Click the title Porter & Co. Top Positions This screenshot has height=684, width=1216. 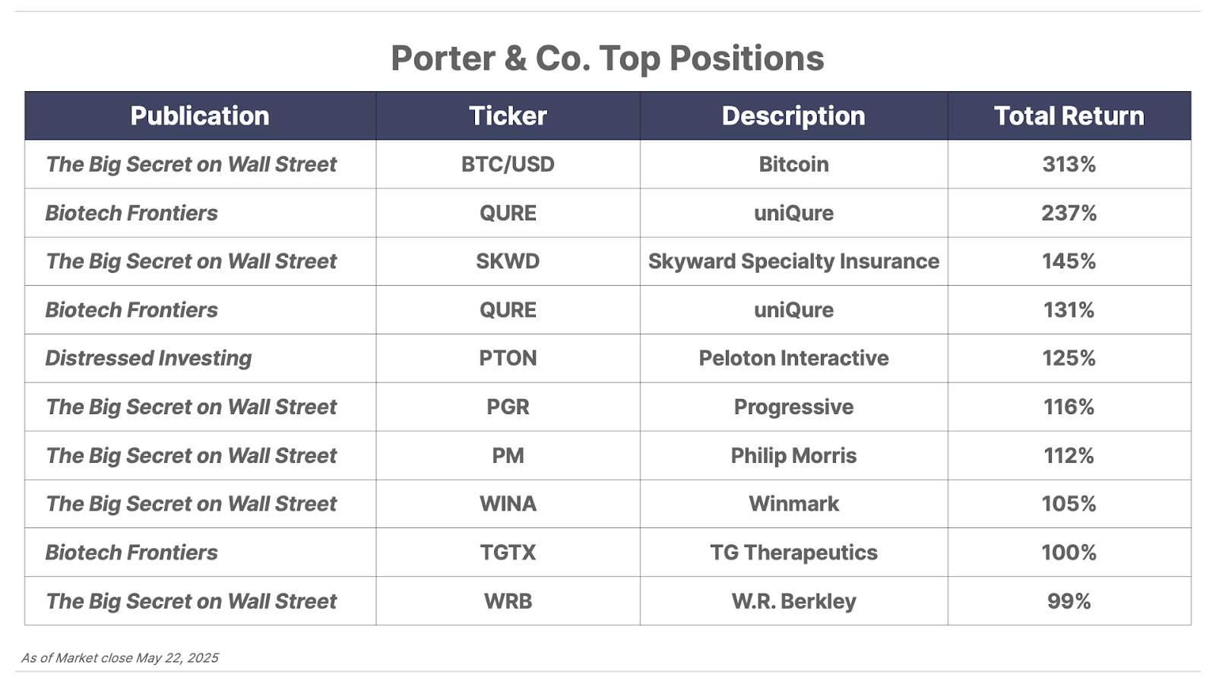[607, 58]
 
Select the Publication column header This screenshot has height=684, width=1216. [200, 116]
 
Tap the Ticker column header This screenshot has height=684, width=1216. [508, 116]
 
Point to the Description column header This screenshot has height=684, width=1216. [793, 116]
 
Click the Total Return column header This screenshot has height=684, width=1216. [1069, 116]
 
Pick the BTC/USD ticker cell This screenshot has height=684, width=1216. [508, 164]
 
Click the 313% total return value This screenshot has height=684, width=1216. [1069, 164]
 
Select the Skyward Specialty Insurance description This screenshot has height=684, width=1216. [793, 261]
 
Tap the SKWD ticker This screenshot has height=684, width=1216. [508, 261]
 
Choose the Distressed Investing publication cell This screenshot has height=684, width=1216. [148, 358]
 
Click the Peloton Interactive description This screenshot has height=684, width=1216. [793, 358]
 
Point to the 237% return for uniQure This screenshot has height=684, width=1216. [1069, 213]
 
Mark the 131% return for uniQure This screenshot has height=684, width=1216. [1069, 309]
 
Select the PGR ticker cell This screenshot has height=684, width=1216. [508, 407]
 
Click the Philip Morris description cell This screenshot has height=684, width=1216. [793, 455]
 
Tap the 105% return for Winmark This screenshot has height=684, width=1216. [1069, 504]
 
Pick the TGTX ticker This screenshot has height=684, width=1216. [508, 552]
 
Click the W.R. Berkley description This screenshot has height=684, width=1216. [793, 601]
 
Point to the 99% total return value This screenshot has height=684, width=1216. [1069, 601]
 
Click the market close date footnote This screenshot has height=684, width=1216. [120, 658]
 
